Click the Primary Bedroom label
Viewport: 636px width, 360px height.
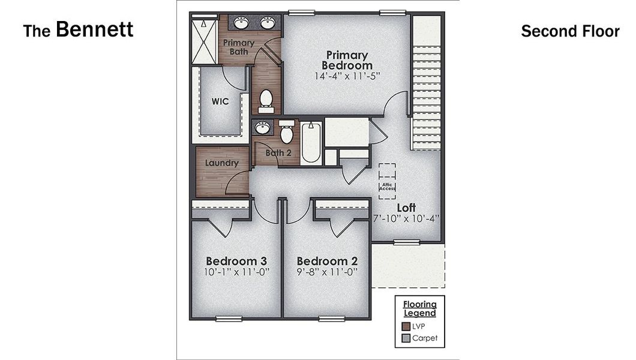point(347,60)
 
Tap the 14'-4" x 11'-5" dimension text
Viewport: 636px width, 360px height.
point(347,76)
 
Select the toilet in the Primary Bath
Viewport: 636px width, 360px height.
point(266,100)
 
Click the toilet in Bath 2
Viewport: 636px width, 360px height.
point(287,132)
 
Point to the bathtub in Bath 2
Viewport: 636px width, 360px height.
point(310,143)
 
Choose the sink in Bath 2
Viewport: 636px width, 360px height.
point(262,128)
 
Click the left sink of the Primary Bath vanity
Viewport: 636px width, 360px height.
point(241,23)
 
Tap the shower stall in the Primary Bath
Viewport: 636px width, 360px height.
point(204,40)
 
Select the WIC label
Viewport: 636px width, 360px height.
point(220,101)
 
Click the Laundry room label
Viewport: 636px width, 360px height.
point(221,163)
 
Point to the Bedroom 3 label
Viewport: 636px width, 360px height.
point(236,261)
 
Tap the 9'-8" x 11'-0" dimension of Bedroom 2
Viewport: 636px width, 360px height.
point(327,272)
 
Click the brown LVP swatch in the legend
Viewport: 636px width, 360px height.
point(406,326)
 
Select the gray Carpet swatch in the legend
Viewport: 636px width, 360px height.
point(406,338)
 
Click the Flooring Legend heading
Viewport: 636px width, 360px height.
point(419,308)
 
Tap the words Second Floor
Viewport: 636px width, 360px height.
point(569,31)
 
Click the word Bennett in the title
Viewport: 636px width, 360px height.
point(94,29)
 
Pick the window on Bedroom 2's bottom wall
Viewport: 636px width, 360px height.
point(327,318)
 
